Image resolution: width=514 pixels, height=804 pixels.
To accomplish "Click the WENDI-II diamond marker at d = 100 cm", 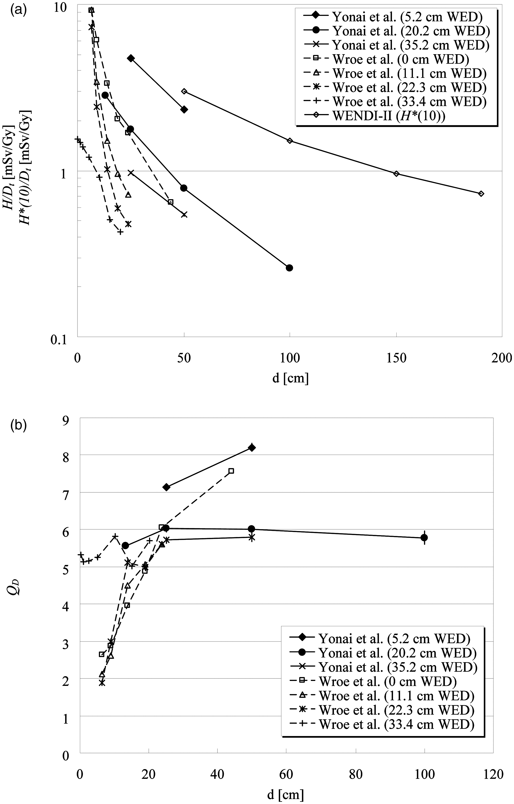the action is pos(290,141).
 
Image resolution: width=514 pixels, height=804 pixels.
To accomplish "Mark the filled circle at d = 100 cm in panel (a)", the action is pos(289,268).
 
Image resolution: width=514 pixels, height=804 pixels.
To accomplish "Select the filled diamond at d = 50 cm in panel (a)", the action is pos(184,109).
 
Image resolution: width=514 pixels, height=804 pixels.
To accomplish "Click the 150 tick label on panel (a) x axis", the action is pos(396,358).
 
